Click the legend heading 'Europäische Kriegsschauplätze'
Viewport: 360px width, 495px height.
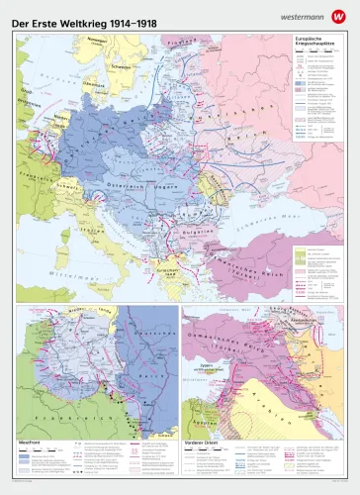315,44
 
